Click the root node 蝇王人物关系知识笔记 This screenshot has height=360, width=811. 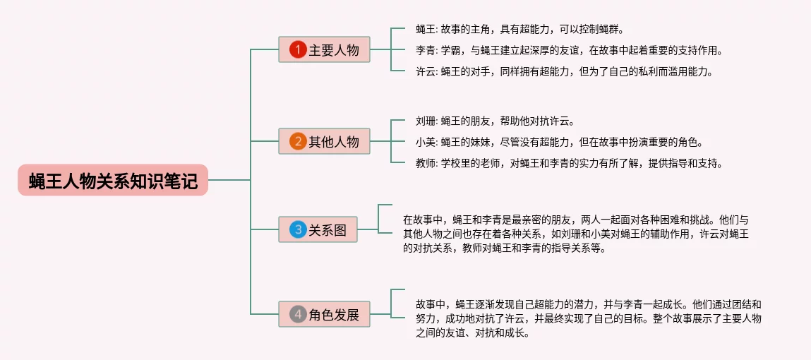click(113, 180)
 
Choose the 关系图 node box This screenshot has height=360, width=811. click(318, 229)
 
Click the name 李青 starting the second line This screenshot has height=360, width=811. click(425, 50)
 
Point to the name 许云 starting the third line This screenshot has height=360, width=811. click(425, 71)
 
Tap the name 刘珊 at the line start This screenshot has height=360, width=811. click(425, 121)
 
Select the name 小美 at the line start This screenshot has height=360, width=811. click(425, 142)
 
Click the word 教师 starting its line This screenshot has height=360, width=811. click(425, 163)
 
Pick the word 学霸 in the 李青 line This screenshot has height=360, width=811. click(451, 50)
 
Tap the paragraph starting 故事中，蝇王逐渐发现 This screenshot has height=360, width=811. click(589, 318)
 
